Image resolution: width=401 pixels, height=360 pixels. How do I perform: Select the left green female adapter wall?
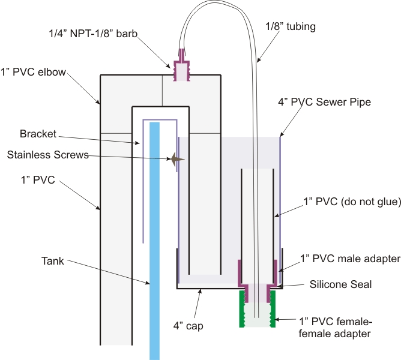click(x=244, y=308)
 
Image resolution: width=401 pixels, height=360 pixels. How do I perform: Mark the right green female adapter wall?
click(x=273, y=308)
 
